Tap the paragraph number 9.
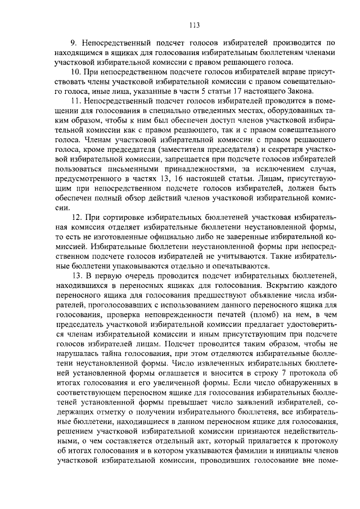pos(73,43)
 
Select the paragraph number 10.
pos(75,73)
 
